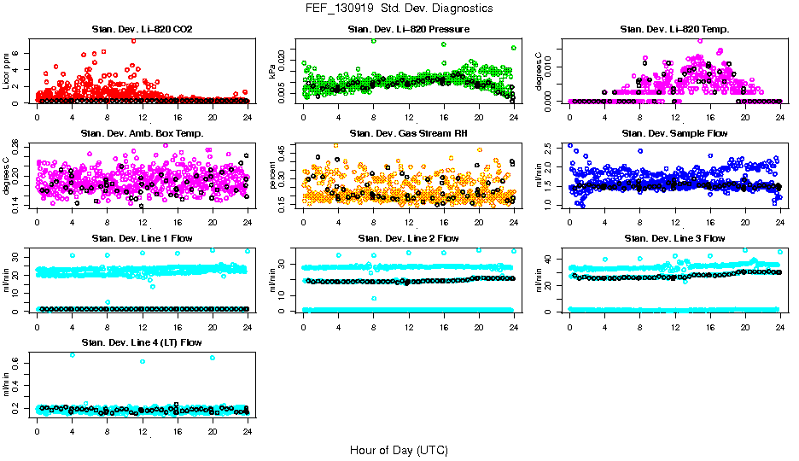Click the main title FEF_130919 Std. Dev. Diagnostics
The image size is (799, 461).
tap(399, 9)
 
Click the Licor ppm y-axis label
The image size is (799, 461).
tap(8, 71)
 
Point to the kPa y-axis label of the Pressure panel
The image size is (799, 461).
tap(274, 71)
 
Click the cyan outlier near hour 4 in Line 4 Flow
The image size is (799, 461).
tap(72, 354)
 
